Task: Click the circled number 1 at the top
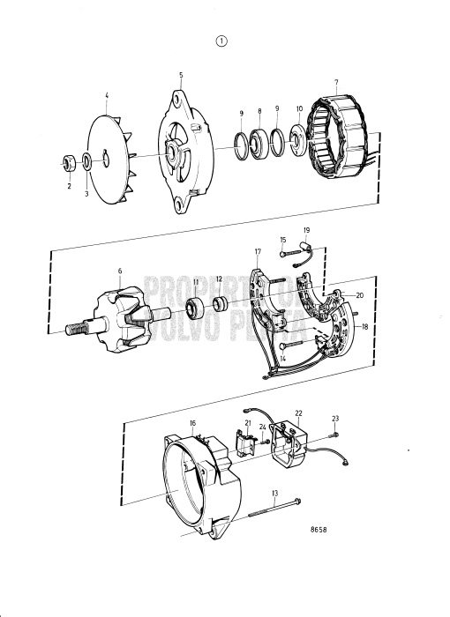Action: pos(221,40)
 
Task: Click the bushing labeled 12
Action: pos(220,306)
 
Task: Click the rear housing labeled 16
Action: pos(194,480)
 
